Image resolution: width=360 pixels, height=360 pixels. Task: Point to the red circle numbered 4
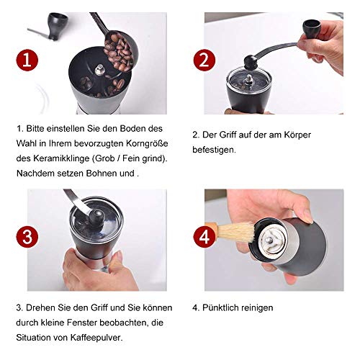point(203,236)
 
